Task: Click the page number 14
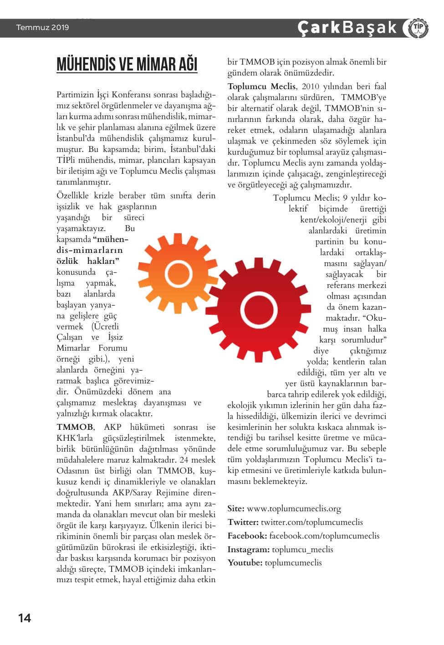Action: point(25,618)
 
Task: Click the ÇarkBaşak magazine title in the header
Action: point(347,28)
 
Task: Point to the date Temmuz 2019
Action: point(42,28)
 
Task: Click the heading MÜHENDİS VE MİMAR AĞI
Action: point(127,64)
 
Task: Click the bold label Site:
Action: point(236,509)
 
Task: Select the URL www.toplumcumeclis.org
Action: point(294,509)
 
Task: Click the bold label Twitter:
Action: point(243,522)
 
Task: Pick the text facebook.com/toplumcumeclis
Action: point(324,536)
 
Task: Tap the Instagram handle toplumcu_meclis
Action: point(302,549)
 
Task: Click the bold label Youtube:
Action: point(245,563)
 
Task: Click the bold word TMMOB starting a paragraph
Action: point(75,427)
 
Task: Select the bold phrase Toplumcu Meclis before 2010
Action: point(262,86)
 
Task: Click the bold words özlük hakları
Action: point(88,261)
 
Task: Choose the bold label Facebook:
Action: point(247,536)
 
